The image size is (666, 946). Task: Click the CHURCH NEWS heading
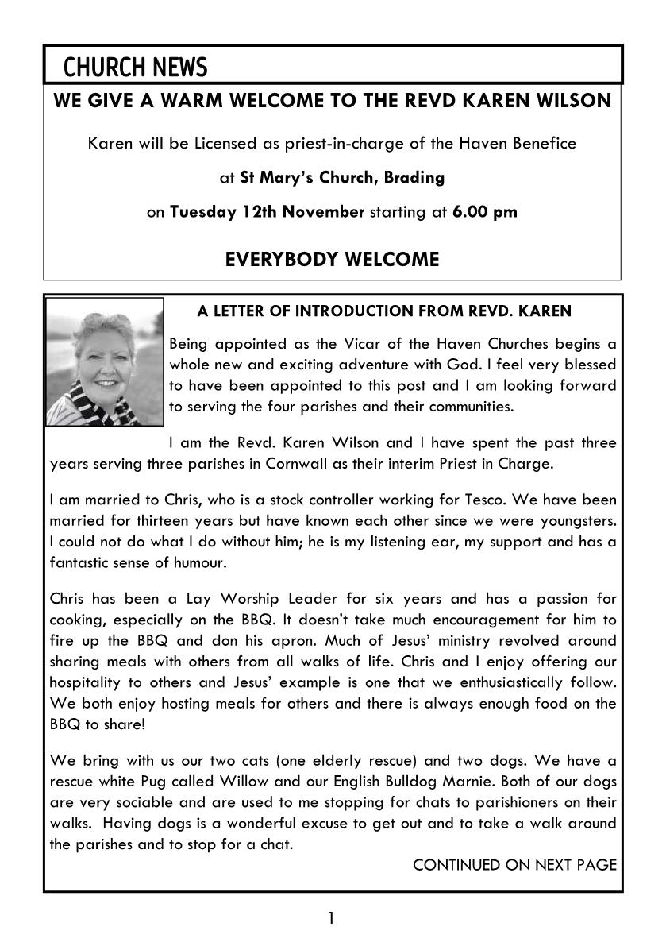(135, 68)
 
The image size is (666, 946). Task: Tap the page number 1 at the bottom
(331, 919)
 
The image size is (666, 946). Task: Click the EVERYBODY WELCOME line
(332, 260)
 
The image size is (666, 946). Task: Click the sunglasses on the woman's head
(111, 321)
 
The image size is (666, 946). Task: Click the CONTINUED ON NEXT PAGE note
(514, 865)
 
